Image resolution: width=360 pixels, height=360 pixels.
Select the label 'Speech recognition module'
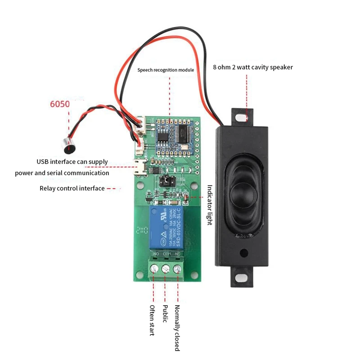pyautogui.click(x=166, y=70)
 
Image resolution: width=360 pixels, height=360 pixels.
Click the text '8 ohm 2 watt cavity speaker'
pyautogui.click(x=253, y=67)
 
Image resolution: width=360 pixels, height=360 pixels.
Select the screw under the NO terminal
pyautogui.click(x=155, y=269)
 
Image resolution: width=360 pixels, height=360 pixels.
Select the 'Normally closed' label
pyautogui.click(x=177, y=327)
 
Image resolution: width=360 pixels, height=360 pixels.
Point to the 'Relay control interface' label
pyautogui.click(x=72, y=189)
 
